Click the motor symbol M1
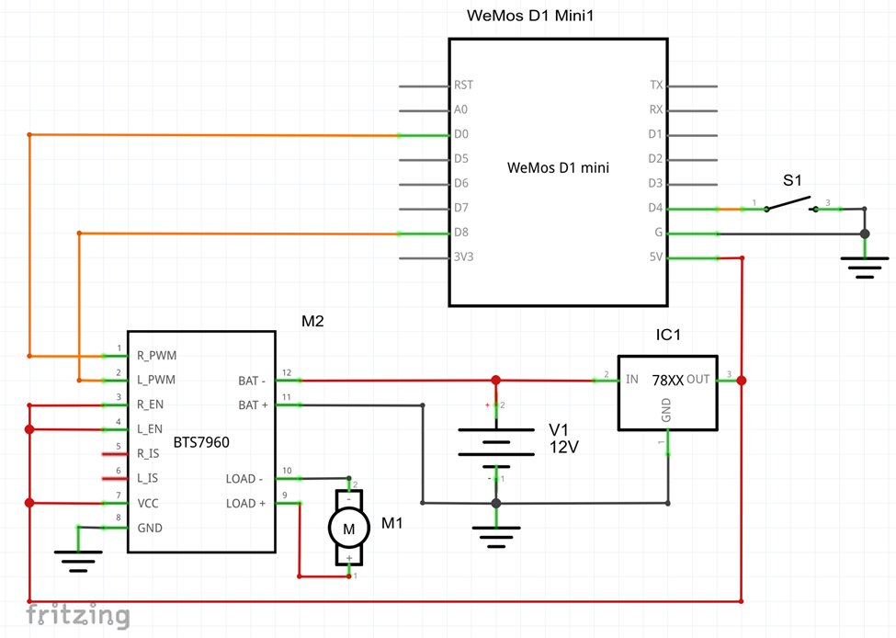[348, 529]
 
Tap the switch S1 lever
[788, 203]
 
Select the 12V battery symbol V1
[496, 441]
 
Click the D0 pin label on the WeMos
[461, 134]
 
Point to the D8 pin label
[461, 233]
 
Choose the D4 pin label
[655, 208]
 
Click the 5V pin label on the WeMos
[656, 257]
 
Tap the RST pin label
[463, 85]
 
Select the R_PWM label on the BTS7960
[156, 356]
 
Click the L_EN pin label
[150, 429]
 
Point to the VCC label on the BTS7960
[148, 504]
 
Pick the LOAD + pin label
[245, 504]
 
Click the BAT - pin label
[252, 381]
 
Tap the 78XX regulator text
[668, 381]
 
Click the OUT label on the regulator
[698, 380]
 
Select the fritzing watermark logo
[78, 615]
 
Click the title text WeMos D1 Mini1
[530, 16]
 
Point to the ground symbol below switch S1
[865, 268]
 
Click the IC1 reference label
[668, 335]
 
